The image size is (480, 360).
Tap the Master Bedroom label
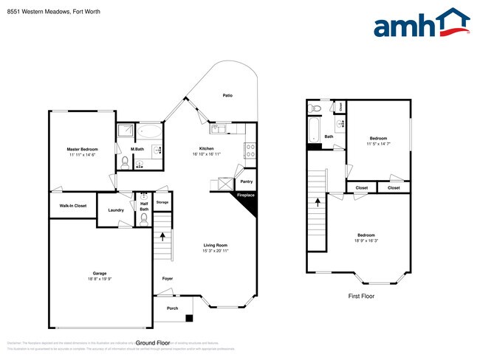[x=83, y=149]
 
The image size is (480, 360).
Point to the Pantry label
[x=246, y=181]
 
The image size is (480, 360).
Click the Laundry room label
[x=116, y=210]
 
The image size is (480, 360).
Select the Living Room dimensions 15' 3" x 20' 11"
[x=215, y=251]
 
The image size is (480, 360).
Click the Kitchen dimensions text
[x=206, y=153]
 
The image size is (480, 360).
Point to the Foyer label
[x=168, y=278]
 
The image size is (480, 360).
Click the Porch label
[x=172, y=308]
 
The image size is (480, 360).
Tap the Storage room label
[x=162, y=202]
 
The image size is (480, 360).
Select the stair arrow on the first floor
[x=319, y=201]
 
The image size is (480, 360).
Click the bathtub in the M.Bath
[x=150, y=132]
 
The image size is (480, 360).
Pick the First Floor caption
[x=361, y=296]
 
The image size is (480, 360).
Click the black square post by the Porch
[x=189, y=319]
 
